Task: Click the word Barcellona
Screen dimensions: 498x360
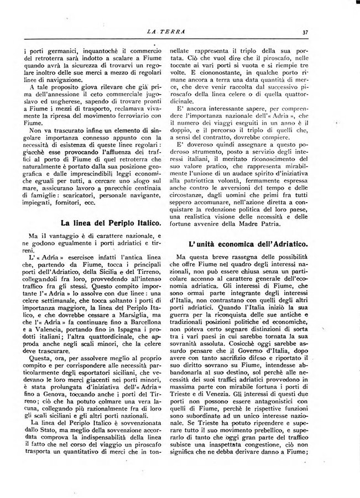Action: [140, 322]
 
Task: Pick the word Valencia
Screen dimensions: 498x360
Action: [52, 330]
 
